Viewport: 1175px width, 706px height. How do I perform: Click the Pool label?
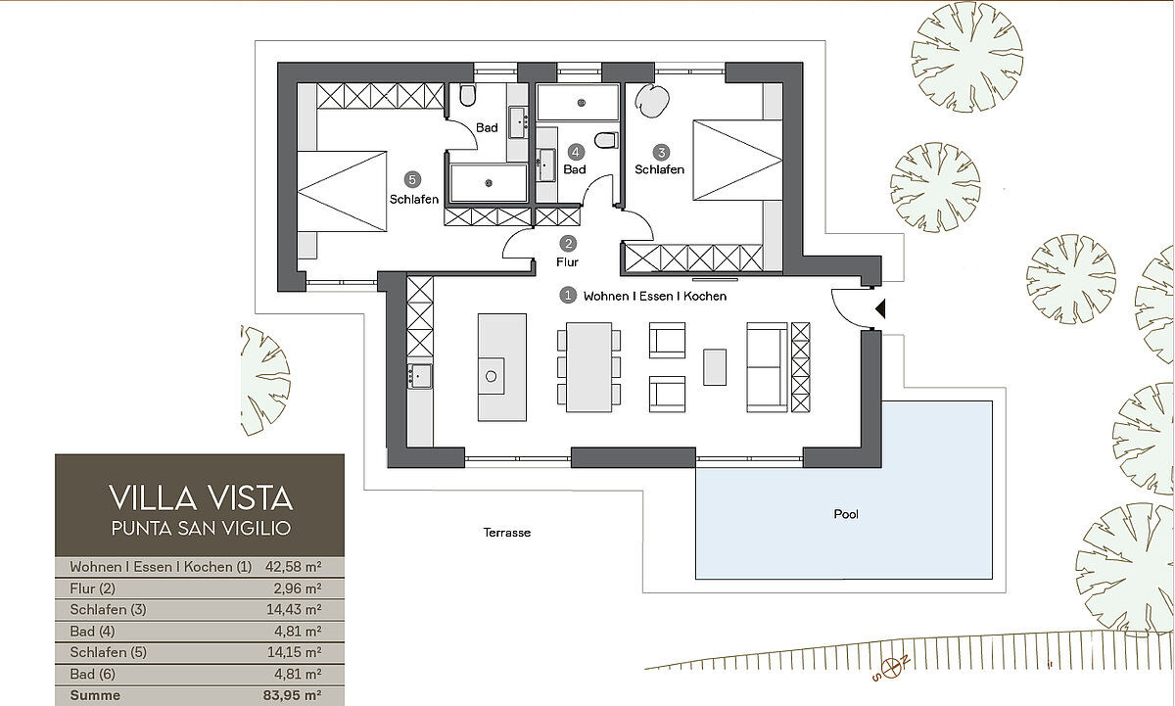[x=846, y=514]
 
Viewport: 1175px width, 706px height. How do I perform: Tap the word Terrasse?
[x=507, y=533]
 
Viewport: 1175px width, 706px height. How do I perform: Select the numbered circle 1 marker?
[x=568, y=296]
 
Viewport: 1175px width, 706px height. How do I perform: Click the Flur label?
[x=567, y=261]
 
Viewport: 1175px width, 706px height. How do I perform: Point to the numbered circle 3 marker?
[x=661, y=153]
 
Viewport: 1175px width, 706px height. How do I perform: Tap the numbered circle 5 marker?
[x=412, y=180]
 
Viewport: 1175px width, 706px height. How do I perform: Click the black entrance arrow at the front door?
[x=880, y=308]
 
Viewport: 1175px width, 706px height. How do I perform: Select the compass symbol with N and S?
[x=891, y=667]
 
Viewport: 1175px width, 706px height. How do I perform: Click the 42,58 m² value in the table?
[x=293, y=567]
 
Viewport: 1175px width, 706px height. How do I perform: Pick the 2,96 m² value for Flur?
[x=298, y=588]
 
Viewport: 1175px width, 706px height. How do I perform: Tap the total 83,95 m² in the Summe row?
[x=292, y=695]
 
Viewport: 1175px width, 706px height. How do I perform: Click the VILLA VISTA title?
[x=201, y=497]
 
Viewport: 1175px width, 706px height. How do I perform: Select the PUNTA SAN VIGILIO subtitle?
[x=201, y=528]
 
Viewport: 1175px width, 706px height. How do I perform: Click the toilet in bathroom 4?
[x=606, y=140]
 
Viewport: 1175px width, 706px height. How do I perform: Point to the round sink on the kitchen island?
[x=491, y=376]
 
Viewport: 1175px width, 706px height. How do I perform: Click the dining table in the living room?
[x=589, y=367]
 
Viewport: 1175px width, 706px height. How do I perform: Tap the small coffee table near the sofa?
[x=715, y=367]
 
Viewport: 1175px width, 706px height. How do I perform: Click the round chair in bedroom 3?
[x=652, y=101]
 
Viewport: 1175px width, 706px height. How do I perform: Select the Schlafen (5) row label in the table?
[x=108, y=652]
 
